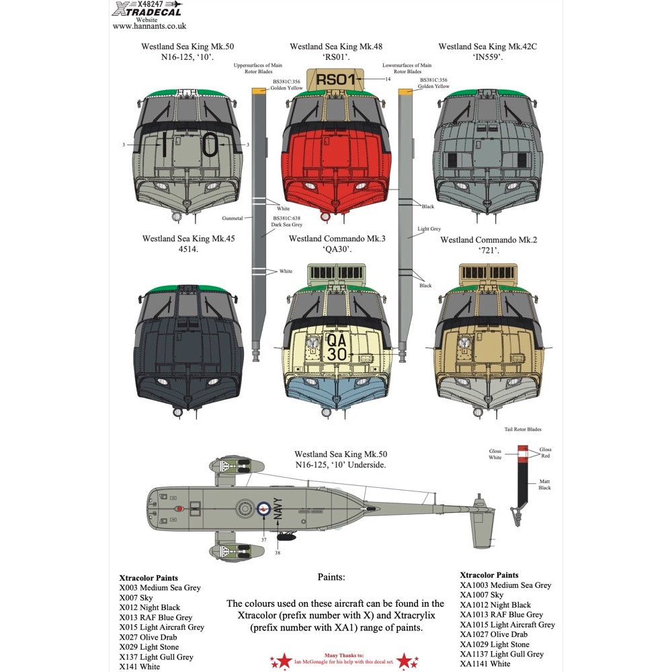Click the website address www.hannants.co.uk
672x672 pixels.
point(149,26)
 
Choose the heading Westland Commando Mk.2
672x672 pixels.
point(479,240)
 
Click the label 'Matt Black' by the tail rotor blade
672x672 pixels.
point(544,485)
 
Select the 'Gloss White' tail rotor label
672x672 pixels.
point(495,454)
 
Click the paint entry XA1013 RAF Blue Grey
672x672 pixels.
point(501,614)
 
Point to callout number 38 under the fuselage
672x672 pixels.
point(277,552)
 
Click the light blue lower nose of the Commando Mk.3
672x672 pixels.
point(335,390)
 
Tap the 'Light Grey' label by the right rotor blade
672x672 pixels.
point(429,229)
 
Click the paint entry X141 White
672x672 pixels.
point(140,667)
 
